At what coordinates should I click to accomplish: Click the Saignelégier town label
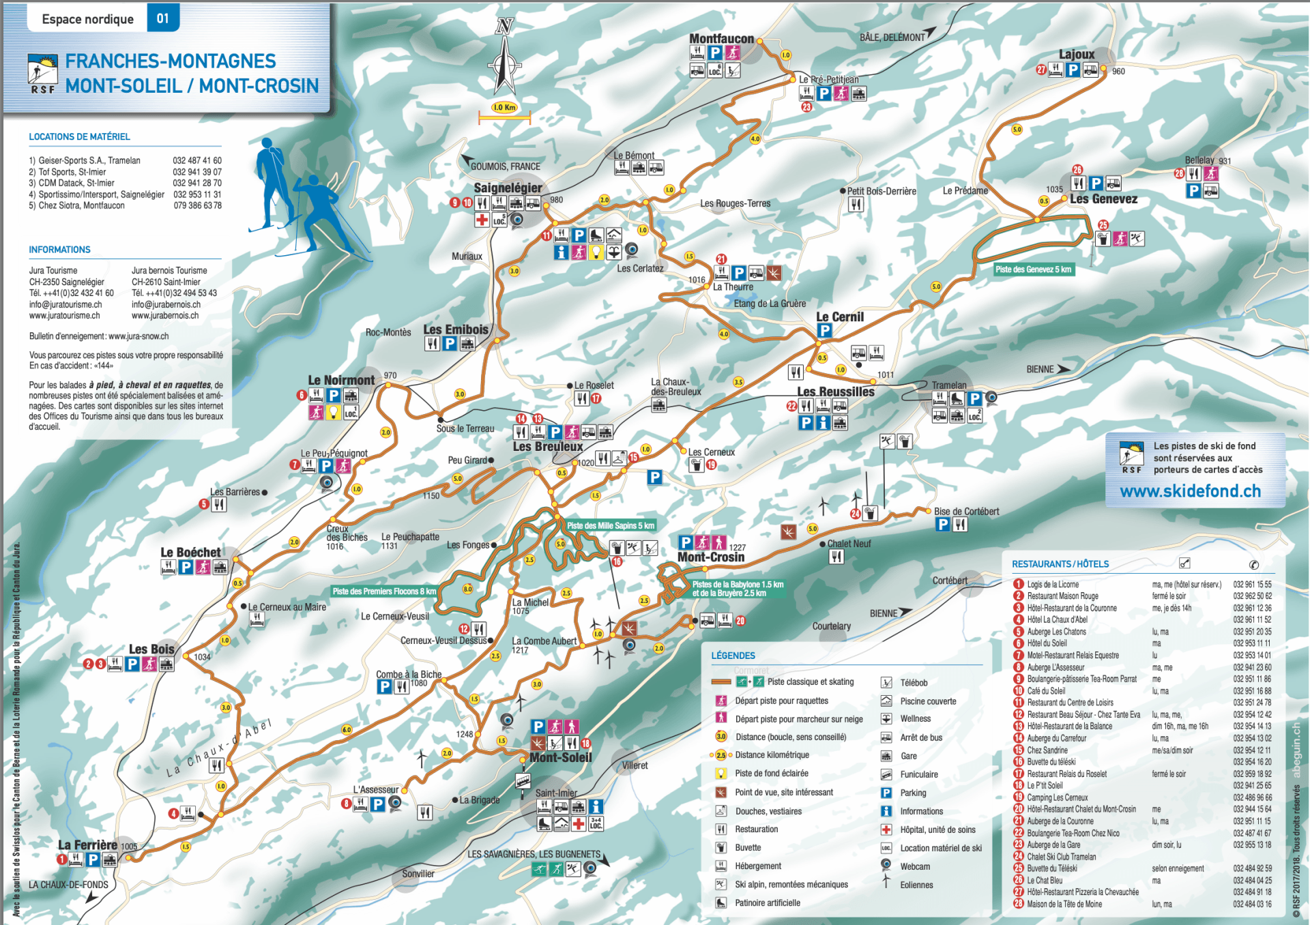tap(508, 188)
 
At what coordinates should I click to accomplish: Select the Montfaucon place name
tap(721, 39)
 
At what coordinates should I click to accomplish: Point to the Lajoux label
tap(1076, 55)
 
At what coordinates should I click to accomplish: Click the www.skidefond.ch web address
tap(1190, 491)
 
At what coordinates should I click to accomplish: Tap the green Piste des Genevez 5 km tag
tap(1033, 269)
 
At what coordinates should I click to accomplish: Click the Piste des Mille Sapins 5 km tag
tap(610, 525)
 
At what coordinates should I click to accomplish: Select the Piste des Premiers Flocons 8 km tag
tap(383, 591)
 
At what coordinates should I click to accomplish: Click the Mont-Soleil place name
tap(560, 757)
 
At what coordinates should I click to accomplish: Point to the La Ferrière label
tap(87, 845)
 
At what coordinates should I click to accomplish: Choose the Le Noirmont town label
tap(341, 380)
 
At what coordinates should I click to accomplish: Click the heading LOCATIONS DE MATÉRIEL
tap(79, 136)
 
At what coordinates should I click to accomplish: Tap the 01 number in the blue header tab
tap(162, 18)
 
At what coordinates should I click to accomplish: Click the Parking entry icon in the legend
tap(886, 793)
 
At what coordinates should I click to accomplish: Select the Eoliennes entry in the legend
tap(916, 885)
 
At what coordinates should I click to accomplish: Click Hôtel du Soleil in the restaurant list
tap(1047, 643)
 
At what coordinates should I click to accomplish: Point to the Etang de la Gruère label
tap(770, 304)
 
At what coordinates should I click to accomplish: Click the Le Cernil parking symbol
tap(824, 331)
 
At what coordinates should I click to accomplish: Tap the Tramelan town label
tap(948, 385)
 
